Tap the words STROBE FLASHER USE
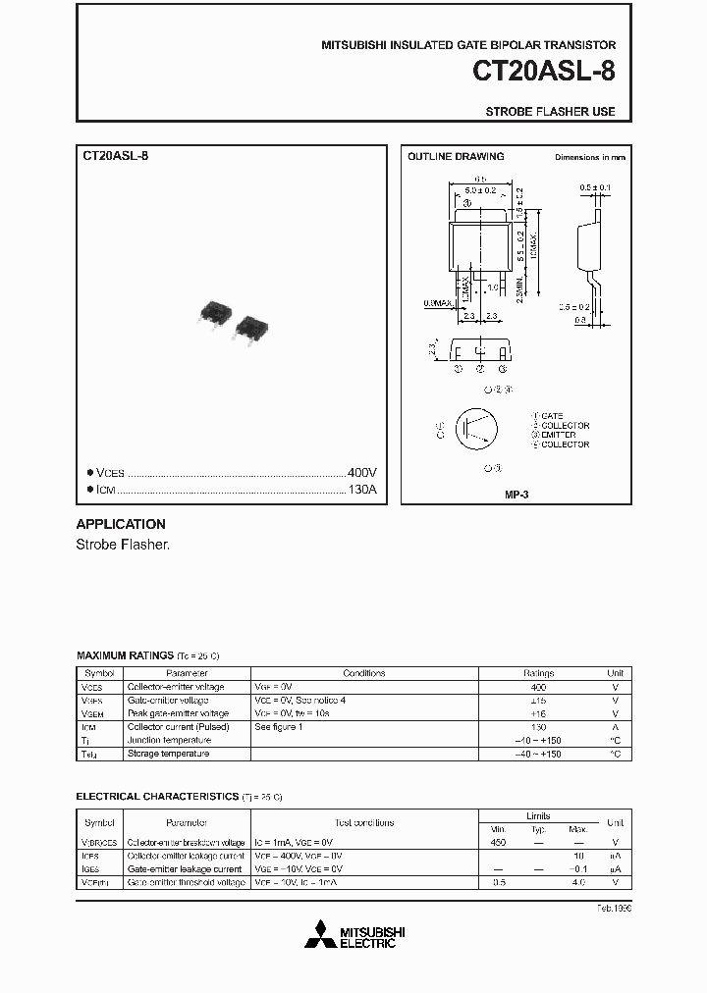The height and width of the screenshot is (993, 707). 550,112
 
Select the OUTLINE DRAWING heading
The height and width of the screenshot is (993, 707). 456,156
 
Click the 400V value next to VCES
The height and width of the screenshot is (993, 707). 362,472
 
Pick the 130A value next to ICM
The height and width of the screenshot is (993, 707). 362,490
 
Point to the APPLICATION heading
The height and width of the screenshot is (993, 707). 121,524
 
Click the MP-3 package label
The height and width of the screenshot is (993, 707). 517,496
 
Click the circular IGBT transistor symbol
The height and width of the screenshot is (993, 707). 479,430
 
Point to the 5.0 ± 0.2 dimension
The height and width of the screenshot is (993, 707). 481,189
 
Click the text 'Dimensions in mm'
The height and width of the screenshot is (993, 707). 589,157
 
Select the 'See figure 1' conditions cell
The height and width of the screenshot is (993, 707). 279,727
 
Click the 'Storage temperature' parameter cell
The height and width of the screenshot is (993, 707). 168,754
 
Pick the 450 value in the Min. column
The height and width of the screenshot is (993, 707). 498,843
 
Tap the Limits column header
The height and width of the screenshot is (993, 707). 538,815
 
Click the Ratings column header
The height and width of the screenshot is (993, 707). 538,673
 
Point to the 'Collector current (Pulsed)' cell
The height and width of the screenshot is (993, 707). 178,727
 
